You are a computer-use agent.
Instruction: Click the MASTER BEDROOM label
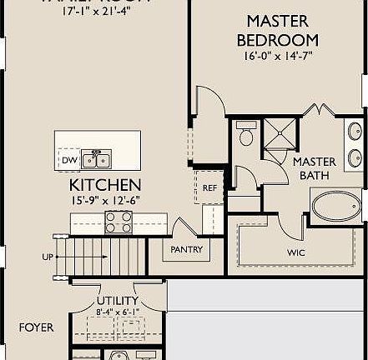tap(277, 29)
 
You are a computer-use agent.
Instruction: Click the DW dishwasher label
tap(68, 159)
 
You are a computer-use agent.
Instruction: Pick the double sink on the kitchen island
tap(98, 158)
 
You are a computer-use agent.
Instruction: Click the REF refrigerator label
tap(209, 188)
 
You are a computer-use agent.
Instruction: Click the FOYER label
tap(36, 327)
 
